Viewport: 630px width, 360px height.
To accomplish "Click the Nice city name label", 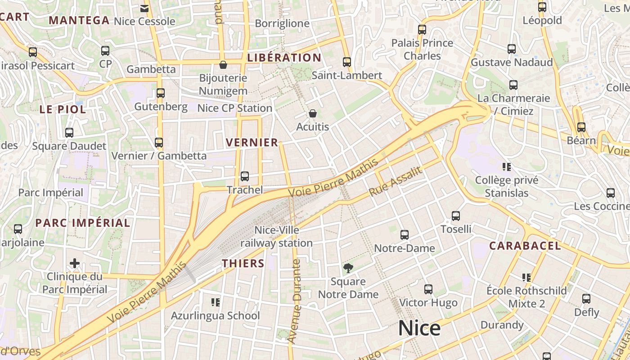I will pos(419,328).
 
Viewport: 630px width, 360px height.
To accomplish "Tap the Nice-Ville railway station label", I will pos(276,237).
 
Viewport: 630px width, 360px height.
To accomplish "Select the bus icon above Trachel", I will pos(245,176).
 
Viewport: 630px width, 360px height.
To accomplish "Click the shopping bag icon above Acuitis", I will pos(313,113).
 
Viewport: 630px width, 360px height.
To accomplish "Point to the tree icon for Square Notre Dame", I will pos(348,269).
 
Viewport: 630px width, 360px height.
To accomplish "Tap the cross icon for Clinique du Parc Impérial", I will pos(75,263).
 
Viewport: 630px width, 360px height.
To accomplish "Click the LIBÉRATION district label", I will pos(284,58).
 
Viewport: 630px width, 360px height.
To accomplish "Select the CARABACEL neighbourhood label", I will pos(525,246).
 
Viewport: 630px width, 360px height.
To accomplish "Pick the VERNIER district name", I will pos(252,143).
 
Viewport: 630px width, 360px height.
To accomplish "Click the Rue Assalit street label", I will pos(396,181).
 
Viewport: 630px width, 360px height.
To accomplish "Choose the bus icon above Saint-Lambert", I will pos(346,62).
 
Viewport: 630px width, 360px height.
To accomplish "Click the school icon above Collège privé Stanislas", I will pos(507,167).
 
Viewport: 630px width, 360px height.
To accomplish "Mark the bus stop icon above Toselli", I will pos(456,216).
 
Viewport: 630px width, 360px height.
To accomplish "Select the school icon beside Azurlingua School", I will pos(215,302).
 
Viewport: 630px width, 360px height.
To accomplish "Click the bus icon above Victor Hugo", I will pos(428,289).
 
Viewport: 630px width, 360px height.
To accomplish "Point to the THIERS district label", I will pos(243,263).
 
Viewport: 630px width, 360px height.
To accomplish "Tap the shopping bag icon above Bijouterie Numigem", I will pos(223,65).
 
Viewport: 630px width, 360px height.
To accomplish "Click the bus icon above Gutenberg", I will pos(161,93).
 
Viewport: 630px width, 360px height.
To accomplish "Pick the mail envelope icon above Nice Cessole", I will pos(144,8).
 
